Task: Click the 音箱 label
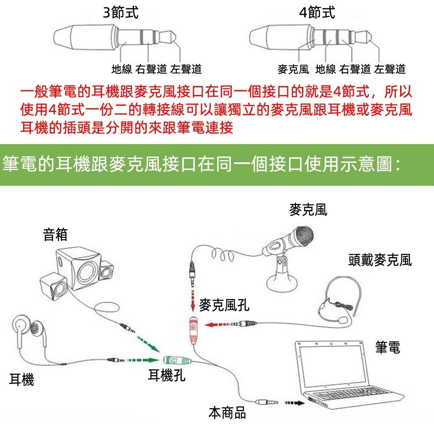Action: [55, 235]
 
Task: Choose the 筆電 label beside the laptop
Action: [388, 347]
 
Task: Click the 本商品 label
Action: [227, 413]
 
